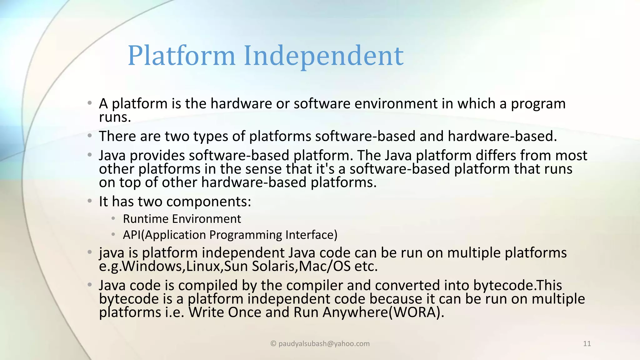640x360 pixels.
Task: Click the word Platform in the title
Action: (x=181, y=56)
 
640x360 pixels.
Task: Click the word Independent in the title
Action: (x=323, y=56)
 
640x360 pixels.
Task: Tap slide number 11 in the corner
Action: (x=587, y=344)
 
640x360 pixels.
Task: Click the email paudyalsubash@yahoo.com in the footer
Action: (x=324, y=344)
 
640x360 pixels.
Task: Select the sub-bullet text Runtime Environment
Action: (x=182, y=219)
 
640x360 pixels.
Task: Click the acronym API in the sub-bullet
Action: (x=132, y=235)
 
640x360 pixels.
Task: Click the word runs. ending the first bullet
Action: (x=115, y=117)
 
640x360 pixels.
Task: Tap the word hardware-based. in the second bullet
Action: (x=502, y=136)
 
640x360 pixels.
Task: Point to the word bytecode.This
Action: (x=517, y=285)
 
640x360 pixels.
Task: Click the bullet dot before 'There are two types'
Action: (x=90, y=136)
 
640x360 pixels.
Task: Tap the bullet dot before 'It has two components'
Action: (x=90, y=201)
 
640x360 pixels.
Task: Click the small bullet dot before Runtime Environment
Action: (x=113, y=218)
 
